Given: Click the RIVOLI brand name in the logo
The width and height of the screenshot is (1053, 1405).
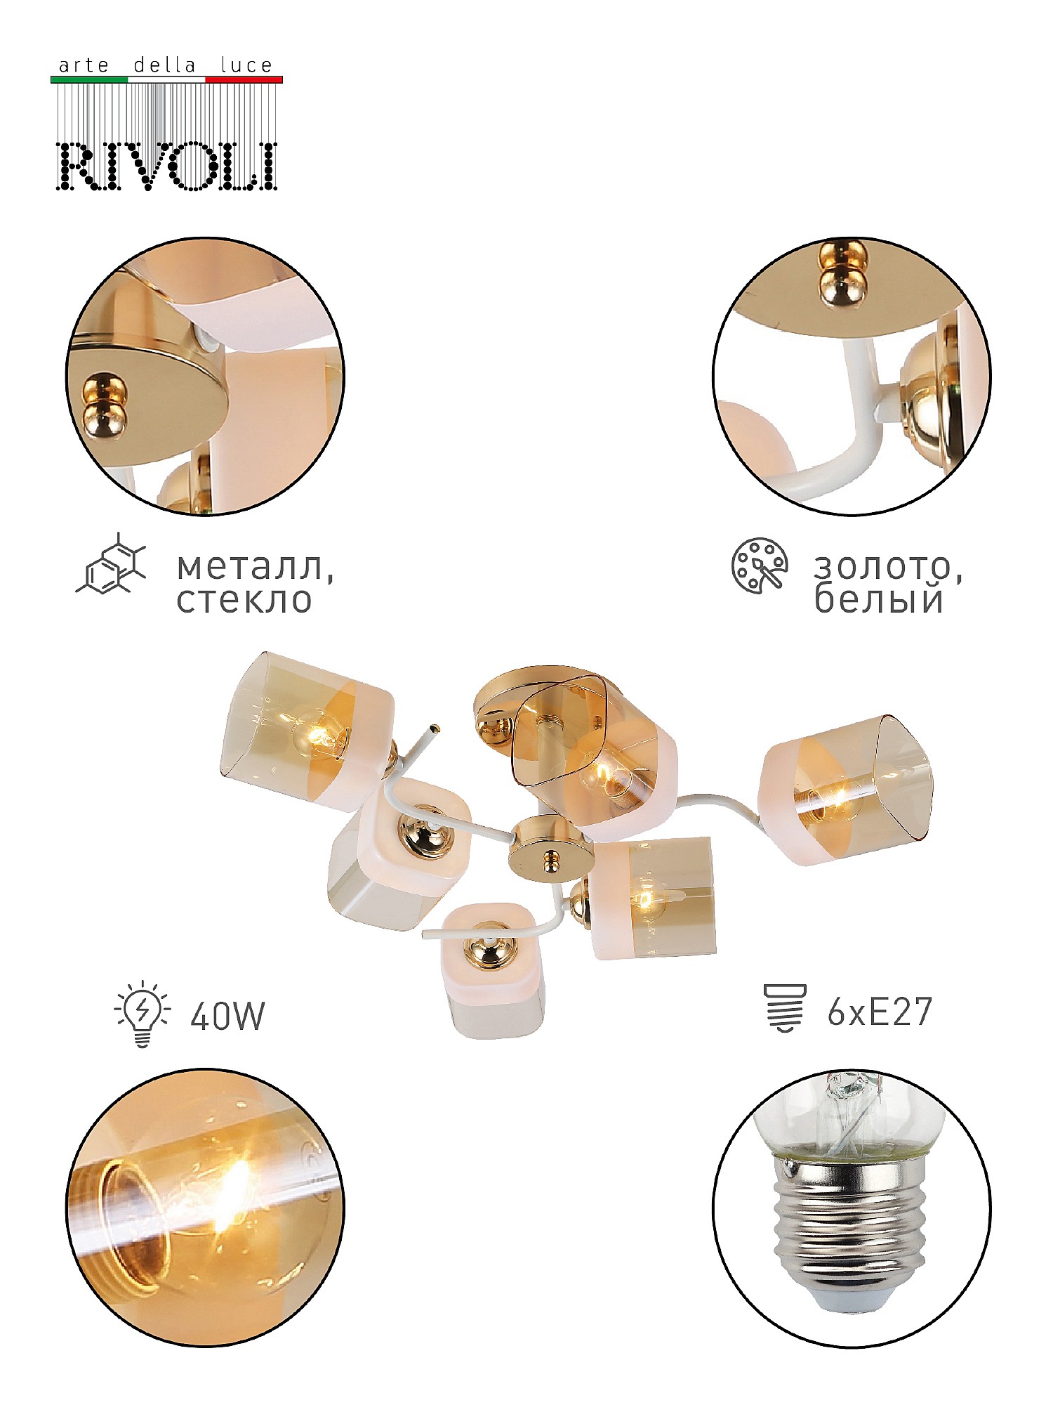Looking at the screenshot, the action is [167, 166].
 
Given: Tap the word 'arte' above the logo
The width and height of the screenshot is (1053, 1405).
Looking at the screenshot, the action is [84, 66].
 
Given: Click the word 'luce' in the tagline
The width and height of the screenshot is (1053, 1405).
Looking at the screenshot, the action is [246, 65].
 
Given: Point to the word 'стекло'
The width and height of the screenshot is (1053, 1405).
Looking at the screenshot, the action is [244, 600].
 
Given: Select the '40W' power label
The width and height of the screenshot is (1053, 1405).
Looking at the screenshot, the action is [227, 1016].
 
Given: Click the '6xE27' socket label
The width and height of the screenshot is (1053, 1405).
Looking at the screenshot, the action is [879, 1012].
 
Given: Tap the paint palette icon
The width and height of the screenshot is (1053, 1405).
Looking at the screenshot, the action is [759, 566].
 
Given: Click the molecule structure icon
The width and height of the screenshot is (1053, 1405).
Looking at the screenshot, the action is [111, 563].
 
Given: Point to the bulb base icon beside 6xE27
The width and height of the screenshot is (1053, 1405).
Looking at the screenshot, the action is [785, 1008].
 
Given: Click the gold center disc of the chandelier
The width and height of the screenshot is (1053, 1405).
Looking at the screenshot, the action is [545, 849].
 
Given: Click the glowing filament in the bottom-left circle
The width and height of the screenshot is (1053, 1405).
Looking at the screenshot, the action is [235, 1194].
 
